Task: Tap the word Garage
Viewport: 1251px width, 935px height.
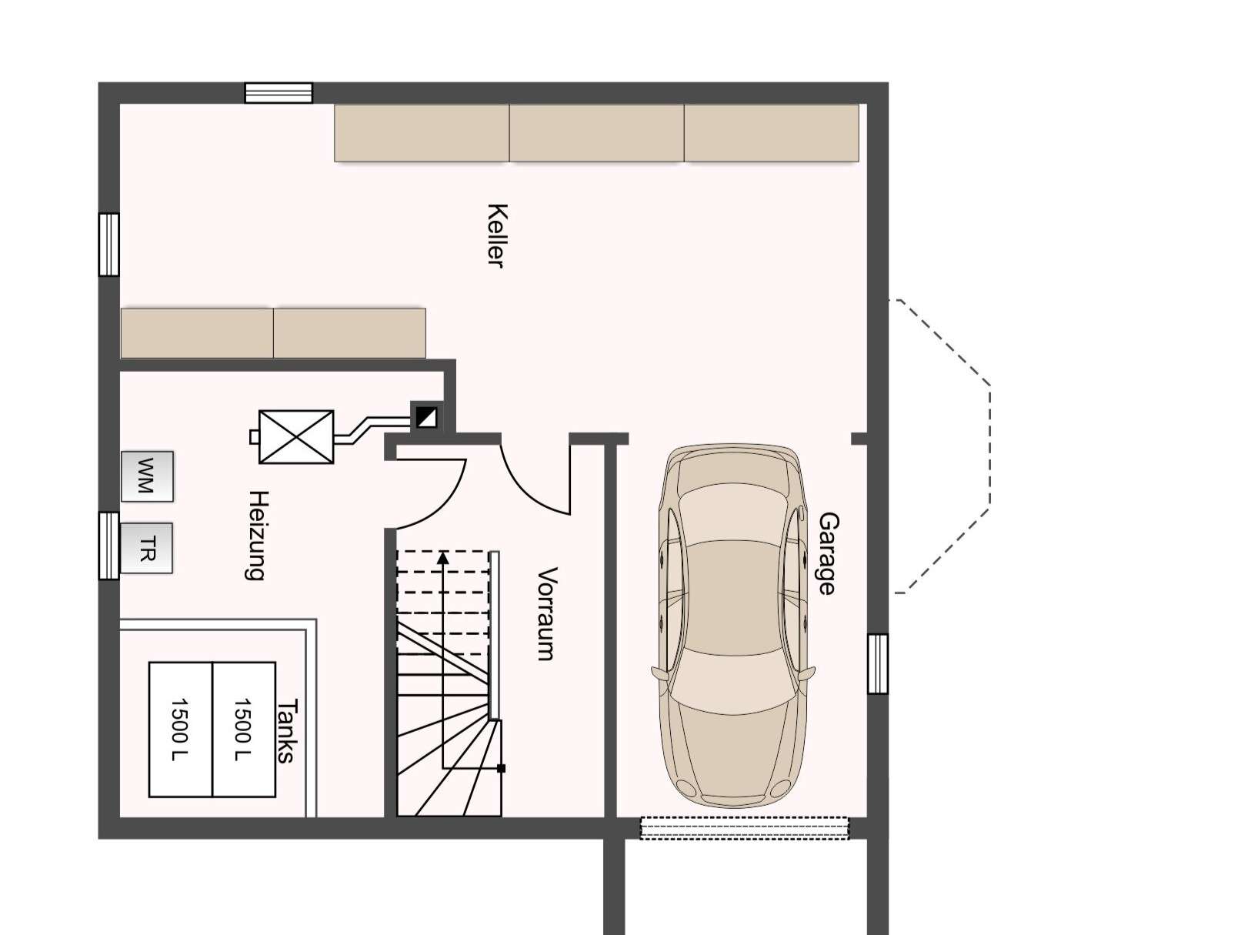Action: point(828,553)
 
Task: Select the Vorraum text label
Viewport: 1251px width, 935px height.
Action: point(547,614)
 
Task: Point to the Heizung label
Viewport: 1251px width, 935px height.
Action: point(256,536)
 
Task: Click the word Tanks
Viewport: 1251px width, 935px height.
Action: point(286,732)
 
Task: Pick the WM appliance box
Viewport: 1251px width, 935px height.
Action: point(147,476)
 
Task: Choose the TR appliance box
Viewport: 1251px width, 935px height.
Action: point(146,549)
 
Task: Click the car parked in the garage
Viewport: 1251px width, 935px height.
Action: point(733,626)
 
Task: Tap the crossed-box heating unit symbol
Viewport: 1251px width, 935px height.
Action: point(295,436)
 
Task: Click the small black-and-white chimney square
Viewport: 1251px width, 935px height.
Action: point(425,417)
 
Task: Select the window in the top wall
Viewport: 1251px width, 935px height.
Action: point(279,93)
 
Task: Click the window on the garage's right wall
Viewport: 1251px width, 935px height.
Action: point(878,663)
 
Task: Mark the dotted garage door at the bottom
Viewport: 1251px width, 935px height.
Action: point(744,828)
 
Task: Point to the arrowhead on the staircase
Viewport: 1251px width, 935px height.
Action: point(443,557)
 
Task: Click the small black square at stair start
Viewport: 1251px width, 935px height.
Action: point(501,769)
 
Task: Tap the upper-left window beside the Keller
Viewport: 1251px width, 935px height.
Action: point(108,245)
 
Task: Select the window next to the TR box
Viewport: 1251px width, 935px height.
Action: point(108,546)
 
